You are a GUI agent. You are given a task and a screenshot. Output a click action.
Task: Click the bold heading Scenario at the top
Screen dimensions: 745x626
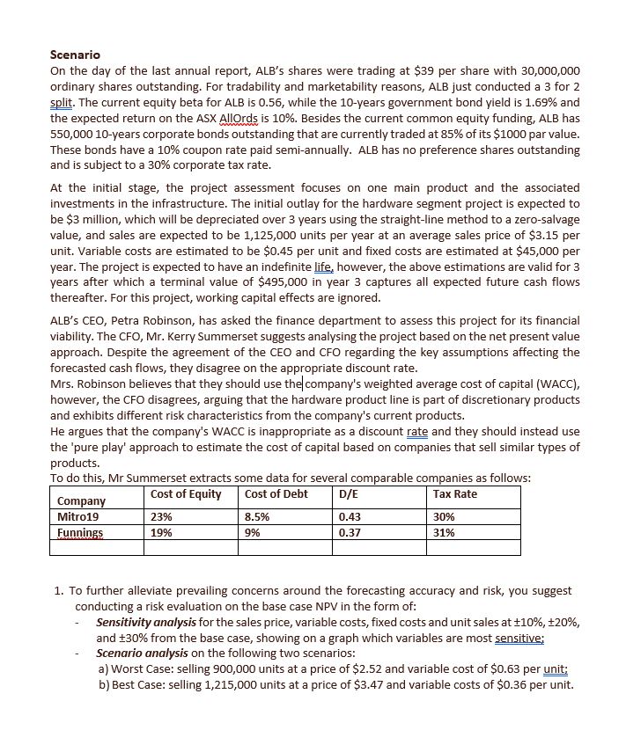click(x=75, y=55)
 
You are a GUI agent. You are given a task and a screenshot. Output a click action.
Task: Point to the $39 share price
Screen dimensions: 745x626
click(x=352, y=70)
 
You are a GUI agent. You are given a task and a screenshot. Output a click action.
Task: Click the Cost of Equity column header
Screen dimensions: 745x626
click(x=186, y=493)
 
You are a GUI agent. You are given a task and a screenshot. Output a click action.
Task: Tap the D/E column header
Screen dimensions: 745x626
click(x=350, y=493)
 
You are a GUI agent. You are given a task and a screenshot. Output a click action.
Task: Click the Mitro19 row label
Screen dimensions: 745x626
click(x=79, y=517)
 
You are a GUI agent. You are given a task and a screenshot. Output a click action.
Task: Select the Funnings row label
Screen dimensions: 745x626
click(x=80, y=532)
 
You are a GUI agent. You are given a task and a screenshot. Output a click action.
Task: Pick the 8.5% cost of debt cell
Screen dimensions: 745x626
click(x=257, y=517)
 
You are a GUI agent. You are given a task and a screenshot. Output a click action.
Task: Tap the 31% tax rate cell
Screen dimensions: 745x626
click(x=445, y=532)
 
